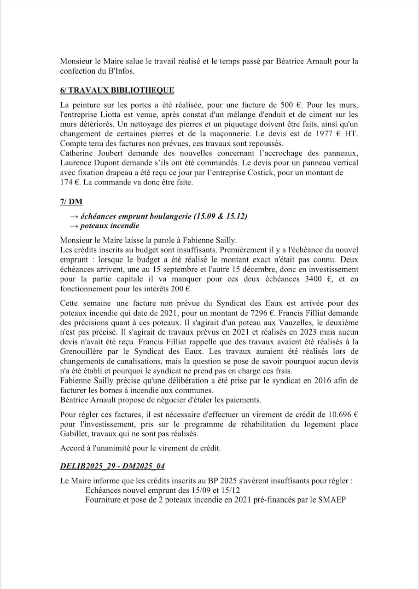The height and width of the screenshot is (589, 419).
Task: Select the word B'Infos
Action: (x=112, y=71)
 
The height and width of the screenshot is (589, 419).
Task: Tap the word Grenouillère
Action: (x=83, y=352)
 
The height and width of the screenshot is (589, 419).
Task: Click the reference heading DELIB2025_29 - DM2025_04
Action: (x=112, y=466)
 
